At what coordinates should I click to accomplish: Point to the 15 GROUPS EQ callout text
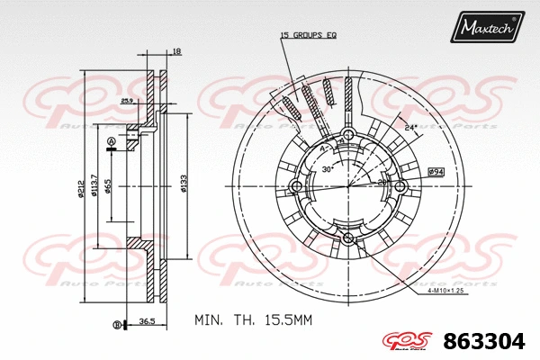pos(308,35)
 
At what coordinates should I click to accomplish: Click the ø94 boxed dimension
pos(436,171)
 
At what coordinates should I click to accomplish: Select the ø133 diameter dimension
pos(183,184)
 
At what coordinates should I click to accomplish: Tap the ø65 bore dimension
pos(108,187)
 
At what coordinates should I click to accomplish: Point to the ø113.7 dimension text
pos(94,188)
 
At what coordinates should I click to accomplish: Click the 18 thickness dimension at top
pos(176,52)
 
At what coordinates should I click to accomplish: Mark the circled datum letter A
pos(111,142)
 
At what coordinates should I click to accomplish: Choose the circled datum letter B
pos(115,324)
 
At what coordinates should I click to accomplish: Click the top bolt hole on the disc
pos(349,135)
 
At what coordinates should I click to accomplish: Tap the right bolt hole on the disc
pos(401,187)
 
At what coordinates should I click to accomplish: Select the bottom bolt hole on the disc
pos(349,239)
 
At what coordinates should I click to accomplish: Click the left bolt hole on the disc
pos(297,187)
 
